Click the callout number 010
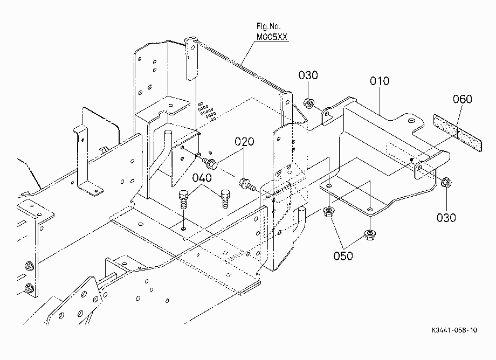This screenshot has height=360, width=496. click(380, 81)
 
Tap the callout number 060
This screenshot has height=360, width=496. click(463, 99)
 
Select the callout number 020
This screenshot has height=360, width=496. click(244, 141)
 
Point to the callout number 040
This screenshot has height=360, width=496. click(202, 178)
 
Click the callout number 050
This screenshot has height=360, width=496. click(343, 255)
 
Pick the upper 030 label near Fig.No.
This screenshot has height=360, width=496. click(308, 75)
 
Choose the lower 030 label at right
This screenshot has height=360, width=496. click(446, 217)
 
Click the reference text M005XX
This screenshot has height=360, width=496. click(272, 37)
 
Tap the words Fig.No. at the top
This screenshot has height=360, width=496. click(268, 26)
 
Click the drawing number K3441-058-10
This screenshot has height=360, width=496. click(454, 330)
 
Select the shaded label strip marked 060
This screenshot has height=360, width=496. click(457, 133)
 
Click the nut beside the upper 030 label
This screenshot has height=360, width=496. click(308, 103)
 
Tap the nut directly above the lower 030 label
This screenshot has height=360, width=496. click(446, 182)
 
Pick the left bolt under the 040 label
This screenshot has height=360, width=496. click(184, 199)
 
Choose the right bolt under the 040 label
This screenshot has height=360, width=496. click(225, 198)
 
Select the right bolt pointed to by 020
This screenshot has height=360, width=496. click(247, 185)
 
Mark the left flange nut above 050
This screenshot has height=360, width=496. click(329, 211)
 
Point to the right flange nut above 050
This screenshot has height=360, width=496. click(369, 235)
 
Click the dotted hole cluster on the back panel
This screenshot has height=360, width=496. click(207, 111)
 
